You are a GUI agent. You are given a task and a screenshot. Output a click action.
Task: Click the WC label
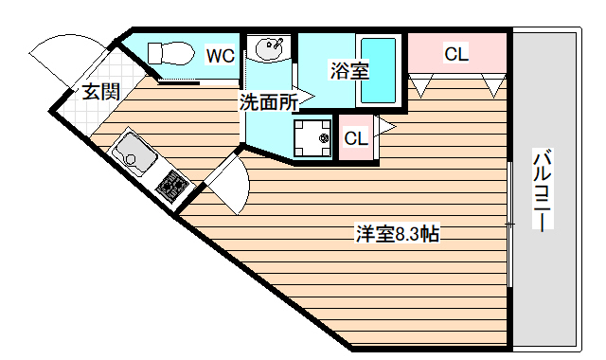(x=221, y=55)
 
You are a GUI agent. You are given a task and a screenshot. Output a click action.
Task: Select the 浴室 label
(x=349, y=69)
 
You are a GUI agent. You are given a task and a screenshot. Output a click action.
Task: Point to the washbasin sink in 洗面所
(x=269, y=47)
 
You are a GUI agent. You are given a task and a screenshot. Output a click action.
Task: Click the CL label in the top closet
(x=456, y=54)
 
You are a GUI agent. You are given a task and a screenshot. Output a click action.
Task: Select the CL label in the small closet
(x=355, y=138)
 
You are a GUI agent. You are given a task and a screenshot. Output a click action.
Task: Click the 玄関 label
(x=99, y=92)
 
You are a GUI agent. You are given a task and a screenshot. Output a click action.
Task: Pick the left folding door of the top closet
(x=421, y=86)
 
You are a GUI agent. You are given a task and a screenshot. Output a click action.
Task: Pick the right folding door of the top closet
(x=493, y=86)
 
